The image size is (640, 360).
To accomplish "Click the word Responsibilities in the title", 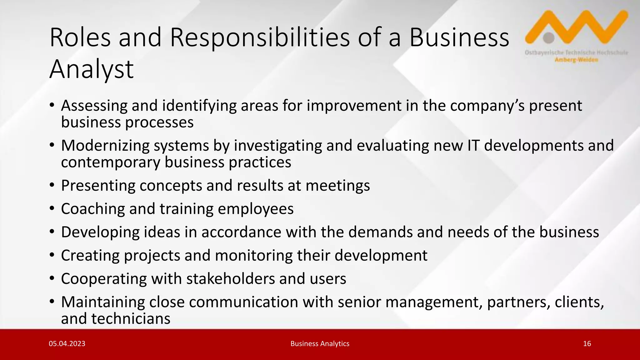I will tap(259, 37).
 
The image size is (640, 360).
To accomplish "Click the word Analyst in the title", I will tap(91, 69).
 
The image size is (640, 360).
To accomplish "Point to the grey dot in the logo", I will tap(549, 38).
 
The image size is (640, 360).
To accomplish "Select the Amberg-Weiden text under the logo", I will tap(577, 60).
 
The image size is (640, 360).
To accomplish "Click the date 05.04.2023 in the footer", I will tap(67, 344).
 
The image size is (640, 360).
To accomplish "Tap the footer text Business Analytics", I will tap(320, 344).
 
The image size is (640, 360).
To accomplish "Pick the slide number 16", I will tap(587, 344).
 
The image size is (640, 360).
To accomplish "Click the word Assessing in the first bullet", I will tap(94, 106).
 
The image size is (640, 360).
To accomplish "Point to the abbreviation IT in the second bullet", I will tap(473, 146).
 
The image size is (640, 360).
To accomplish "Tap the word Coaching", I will tap(93, 209).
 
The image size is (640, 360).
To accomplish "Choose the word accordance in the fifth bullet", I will tap(241, 232).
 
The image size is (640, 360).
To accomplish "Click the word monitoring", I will tap(253, 255).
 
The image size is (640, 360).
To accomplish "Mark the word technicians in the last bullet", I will tap(131, 319).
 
